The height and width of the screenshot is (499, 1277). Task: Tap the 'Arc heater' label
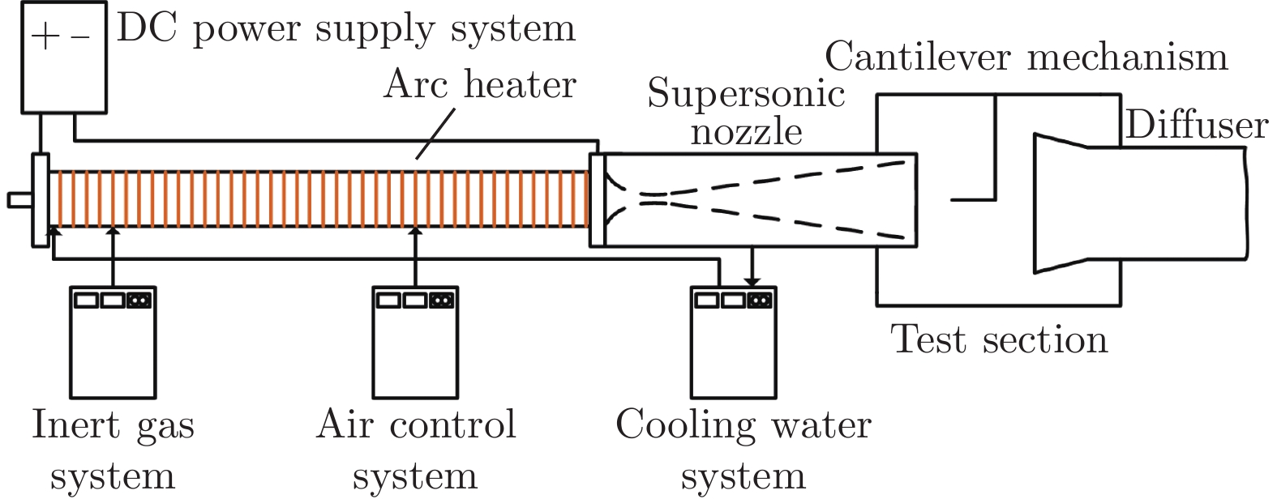480,84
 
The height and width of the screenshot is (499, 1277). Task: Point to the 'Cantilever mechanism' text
1026,57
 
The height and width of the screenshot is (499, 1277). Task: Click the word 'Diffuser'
1196,126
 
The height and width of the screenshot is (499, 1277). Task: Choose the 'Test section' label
999,339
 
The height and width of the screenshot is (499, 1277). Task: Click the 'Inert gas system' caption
113,450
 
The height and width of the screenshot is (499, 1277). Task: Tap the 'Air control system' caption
415,450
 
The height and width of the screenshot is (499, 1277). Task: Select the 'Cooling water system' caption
743,450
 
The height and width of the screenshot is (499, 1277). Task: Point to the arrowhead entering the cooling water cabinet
752,281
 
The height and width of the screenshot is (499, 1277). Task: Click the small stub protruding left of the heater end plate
21,199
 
